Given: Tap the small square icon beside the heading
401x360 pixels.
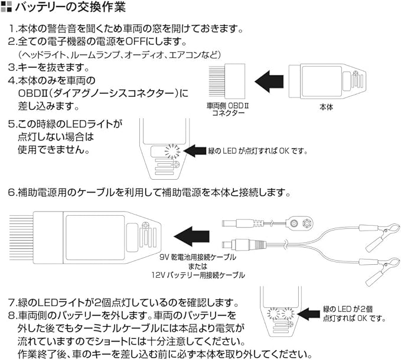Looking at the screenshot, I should [x=7, y=8].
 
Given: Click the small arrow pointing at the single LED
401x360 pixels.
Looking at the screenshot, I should [x=195, y=151].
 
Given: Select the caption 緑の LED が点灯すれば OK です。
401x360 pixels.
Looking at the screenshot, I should [x=258, y=151].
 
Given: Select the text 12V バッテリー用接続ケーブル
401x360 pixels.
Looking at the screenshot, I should [x=197, y=275].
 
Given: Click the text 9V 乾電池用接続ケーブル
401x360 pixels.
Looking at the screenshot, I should [x=197, y=258].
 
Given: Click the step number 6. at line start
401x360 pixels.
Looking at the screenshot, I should [x=12, y=193].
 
